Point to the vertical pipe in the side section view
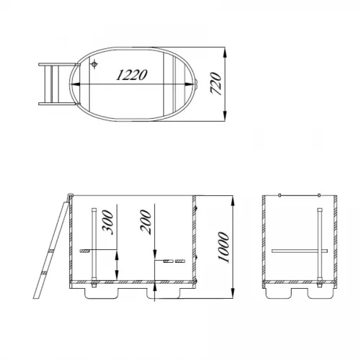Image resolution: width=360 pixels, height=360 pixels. [x=94, y=245]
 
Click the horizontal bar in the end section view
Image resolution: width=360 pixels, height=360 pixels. [x=300, y=251]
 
